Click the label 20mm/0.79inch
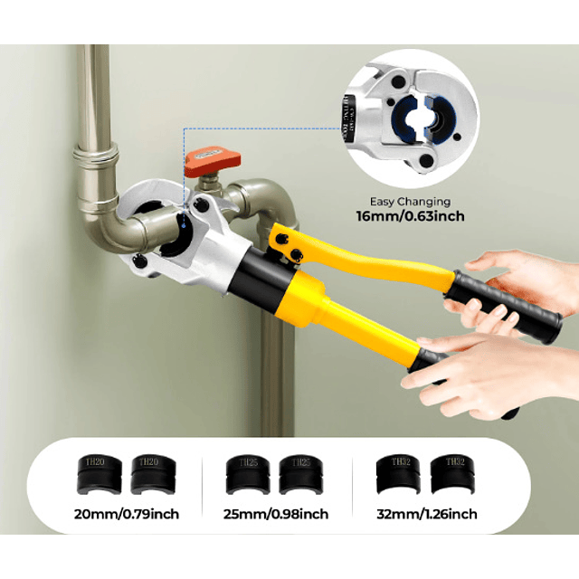pyautogui.click(x=128, y=515)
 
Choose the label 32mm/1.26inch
pyautogui.click(x=426, y=515)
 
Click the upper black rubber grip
pyautogui.click(x=507, y=306)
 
